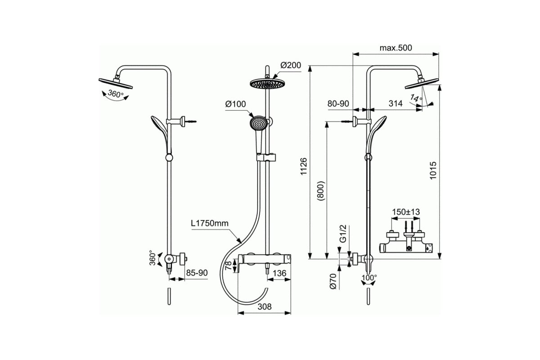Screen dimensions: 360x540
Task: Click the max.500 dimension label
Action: point(396,48)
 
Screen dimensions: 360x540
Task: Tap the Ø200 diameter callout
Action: point(290,65)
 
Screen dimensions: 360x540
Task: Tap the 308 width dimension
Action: point(265,306)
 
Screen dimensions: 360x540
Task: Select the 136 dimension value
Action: point(279,272)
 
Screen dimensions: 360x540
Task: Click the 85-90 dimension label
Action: point(196,272)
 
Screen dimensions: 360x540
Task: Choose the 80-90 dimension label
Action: point(338,103)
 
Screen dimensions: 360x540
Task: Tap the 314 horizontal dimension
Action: point(395,103)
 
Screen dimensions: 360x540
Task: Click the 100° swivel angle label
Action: point(369,278)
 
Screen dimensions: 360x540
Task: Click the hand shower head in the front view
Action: point(257,123)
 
